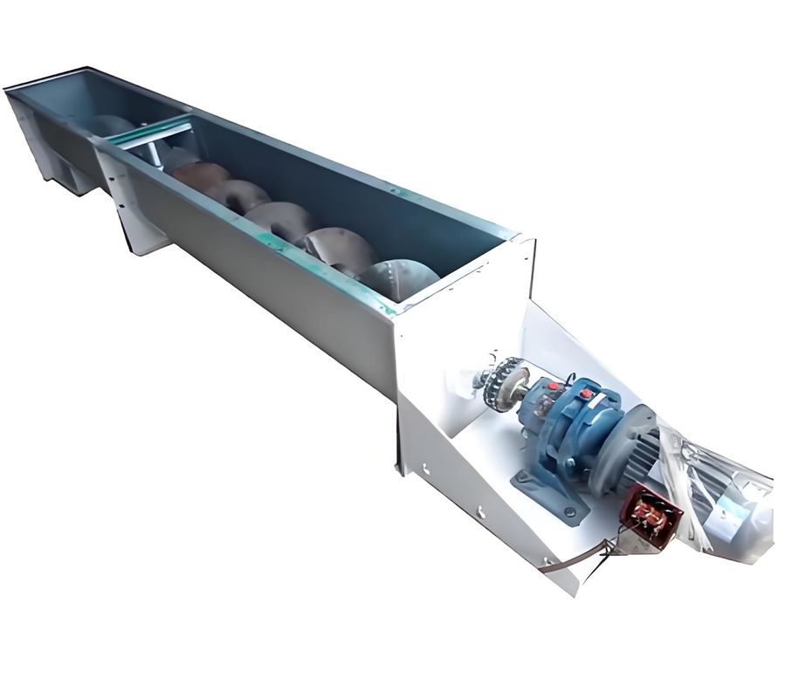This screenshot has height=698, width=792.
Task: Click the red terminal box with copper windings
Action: point(650,516)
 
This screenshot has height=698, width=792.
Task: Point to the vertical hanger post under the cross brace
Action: point(155,154)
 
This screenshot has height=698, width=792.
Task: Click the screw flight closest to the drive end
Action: point(397,277)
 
